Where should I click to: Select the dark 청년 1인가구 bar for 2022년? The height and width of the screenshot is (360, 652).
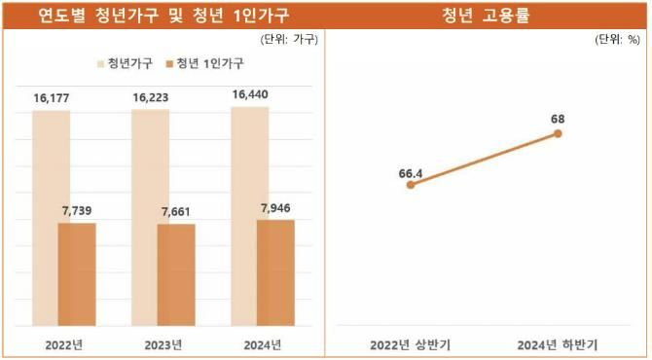coord(77,274)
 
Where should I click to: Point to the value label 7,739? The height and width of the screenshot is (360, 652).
coord(77,211)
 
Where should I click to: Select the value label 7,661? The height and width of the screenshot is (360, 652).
coord(176,212)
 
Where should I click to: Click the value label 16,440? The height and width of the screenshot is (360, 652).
coord(250,95)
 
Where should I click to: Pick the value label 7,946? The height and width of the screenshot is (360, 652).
coord(275,208)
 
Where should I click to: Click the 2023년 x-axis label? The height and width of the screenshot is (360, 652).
coord(163,344)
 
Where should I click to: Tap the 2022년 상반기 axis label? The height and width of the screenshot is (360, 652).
coord(410,344)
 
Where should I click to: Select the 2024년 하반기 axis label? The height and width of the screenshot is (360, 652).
coord(559,344)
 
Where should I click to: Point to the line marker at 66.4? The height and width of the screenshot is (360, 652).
coord(410,185)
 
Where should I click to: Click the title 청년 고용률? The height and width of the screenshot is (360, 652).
coord(486,15)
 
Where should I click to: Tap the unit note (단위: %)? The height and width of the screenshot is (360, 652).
coord(617,40)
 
